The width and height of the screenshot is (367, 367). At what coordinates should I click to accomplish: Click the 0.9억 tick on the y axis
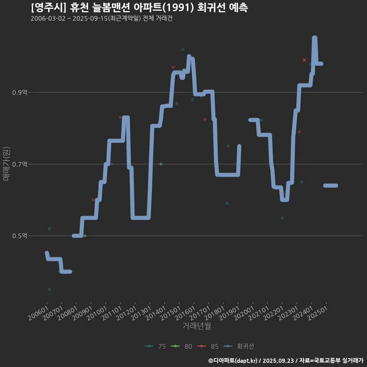pos(19,93)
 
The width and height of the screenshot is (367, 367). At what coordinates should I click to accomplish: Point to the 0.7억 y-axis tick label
pos(19,164)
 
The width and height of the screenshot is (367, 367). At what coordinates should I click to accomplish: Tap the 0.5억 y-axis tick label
pos(19,236)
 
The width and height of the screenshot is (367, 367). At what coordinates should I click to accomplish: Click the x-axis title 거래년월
pos(196,326)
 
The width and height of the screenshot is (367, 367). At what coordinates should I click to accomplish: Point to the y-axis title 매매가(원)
pos(6,164)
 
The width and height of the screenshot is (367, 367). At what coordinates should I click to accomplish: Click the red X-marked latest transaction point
pos(304,60)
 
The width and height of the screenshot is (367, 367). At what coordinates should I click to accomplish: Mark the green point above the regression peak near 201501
pos(183,49)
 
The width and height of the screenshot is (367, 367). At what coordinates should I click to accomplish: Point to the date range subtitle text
pos(101,18)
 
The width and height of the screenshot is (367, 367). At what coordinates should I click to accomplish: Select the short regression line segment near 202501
pos(331,185)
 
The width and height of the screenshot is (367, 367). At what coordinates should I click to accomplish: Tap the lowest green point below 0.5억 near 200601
pos(49,289)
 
